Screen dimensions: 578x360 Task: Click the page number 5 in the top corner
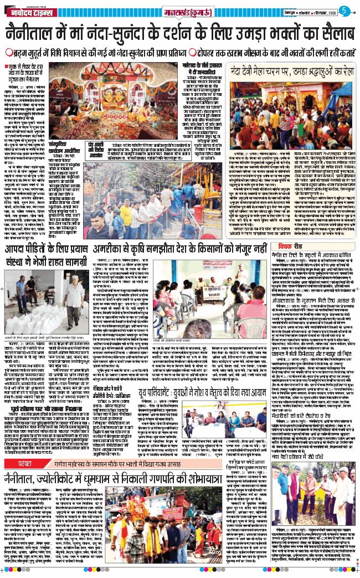coord(343,11)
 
